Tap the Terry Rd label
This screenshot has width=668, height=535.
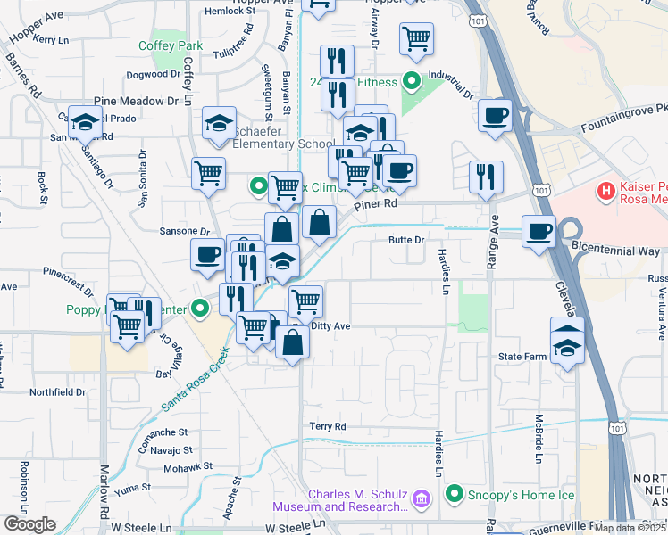pyautogui.click(x=327, y=427)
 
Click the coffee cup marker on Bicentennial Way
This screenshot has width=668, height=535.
pyautogui.click(x=539, y=233)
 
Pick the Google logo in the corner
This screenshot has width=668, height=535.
pyautogui.click(x=29, y=524)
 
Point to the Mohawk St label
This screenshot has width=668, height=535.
pyautogui.click(x=188, y=465)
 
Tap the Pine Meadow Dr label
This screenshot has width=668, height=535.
pyautogui.click(x=136, y=102)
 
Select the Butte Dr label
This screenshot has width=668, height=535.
pyautogui.click(x=405, y=240)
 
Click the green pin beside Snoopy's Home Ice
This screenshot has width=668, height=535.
pyautogui.click(x=455, y=494)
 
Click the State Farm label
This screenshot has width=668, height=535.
pyautogui.click(x=522, y=357)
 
